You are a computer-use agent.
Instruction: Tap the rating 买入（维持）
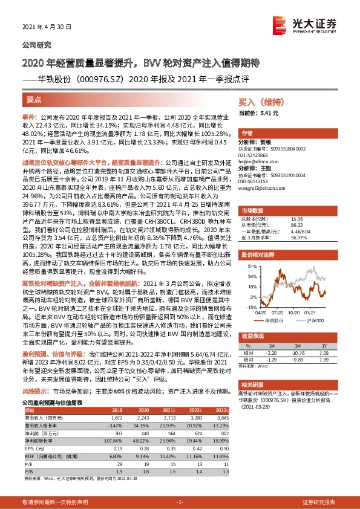tap(258, 103)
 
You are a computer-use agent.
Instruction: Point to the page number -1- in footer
tap(180, 502)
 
